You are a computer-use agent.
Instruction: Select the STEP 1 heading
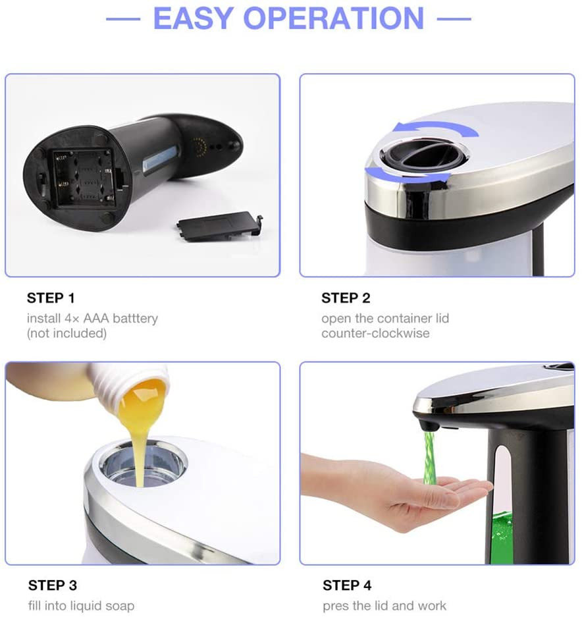[x=51, y=298]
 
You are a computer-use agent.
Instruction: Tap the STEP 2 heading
[x=346, y=298]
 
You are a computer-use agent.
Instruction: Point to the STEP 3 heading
[x=53, y=585]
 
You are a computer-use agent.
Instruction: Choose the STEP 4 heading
[x=347, y=585]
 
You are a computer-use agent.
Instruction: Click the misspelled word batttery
[x=136, y=318]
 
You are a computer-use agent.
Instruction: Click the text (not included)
[x=66, y=333]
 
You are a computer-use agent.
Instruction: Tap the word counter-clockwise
[x=375, y=333]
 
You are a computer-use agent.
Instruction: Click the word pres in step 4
[x=335, y=606]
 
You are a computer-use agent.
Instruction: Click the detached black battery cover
[x=219, y=227]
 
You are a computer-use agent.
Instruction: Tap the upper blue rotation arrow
[x=436, y=127]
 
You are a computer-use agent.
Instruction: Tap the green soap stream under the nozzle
[x=429, y=458]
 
